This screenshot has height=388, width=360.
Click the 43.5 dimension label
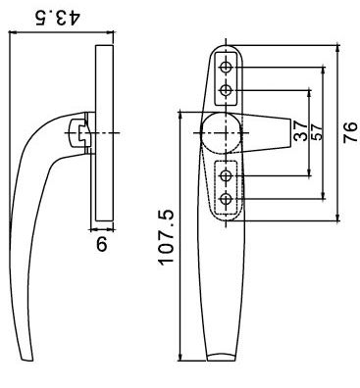point(57,19)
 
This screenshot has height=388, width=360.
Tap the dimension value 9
point(102,244)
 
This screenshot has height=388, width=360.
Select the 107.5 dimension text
point(167,237)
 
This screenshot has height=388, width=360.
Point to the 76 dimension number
point(350,132)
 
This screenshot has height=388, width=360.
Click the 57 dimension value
point(317,131)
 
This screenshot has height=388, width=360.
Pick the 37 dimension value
point(300,130)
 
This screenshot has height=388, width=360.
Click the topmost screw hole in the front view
point(226,68)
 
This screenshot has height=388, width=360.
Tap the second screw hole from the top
point(226,89)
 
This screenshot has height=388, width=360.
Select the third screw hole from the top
point(226,175)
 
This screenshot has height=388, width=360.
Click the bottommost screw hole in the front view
point(226,198)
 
